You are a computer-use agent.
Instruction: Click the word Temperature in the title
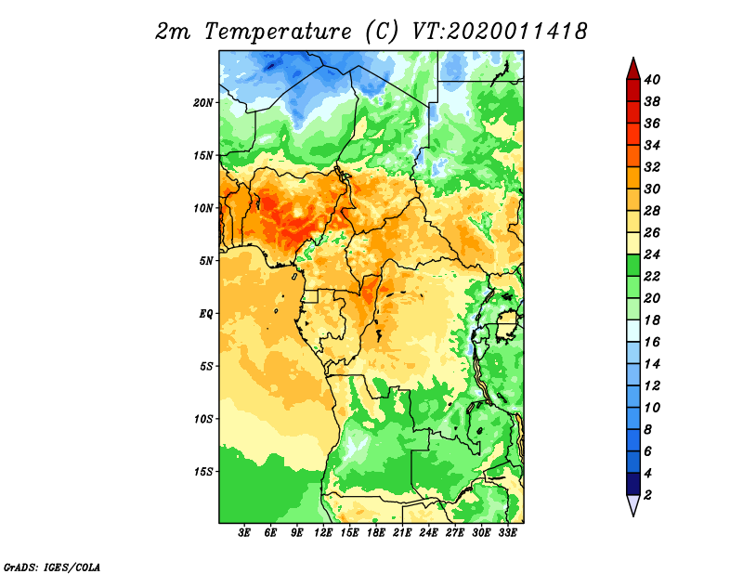278,33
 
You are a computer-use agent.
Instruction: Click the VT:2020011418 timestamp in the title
501,32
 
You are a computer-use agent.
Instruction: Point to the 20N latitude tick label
203,102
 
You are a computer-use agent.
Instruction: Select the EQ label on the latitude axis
205,314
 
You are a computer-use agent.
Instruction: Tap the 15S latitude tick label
203,472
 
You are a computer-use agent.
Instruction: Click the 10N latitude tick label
203,208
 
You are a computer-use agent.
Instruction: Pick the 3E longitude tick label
244,532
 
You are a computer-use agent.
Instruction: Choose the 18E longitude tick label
376,532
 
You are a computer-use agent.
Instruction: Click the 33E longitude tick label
507,532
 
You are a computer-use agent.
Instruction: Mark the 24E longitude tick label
428,532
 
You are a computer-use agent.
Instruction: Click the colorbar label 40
652,80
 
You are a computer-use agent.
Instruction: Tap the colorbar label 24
652,254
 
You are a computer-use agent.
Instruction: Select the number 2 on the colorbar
647,495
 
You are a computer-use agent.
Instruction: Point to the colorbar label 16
652,342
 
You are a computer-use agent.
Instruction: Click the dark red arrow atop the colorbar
633,70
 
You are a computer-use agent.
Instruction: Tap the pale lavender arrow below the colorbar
633,505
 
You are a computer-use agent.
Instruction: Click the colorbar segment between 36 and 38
633,112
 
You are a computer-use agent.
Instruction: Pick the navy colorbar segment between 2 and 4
633,484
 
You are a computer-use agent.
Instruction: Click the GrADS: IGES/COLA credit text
52,567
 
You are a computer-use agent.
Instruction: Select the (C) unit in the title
382,33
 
